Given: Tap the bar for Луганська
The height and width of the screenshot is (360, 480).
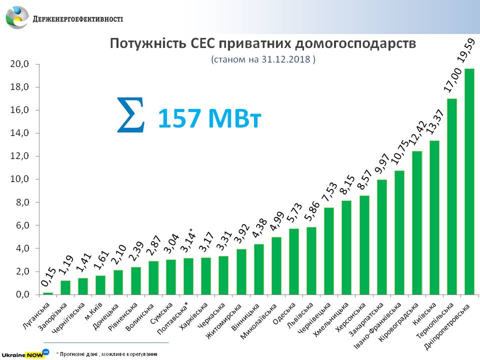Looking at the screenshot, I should (48, 293).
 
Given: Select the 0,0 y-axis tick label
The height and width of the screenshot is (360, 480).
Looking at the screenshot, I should (22, 294).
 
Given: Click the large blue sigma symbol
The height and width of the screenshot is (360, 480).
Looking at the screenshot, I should (130, 115).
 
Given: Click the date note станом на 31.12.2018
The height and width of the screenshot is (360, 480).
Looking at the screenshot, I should (263, 59).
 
